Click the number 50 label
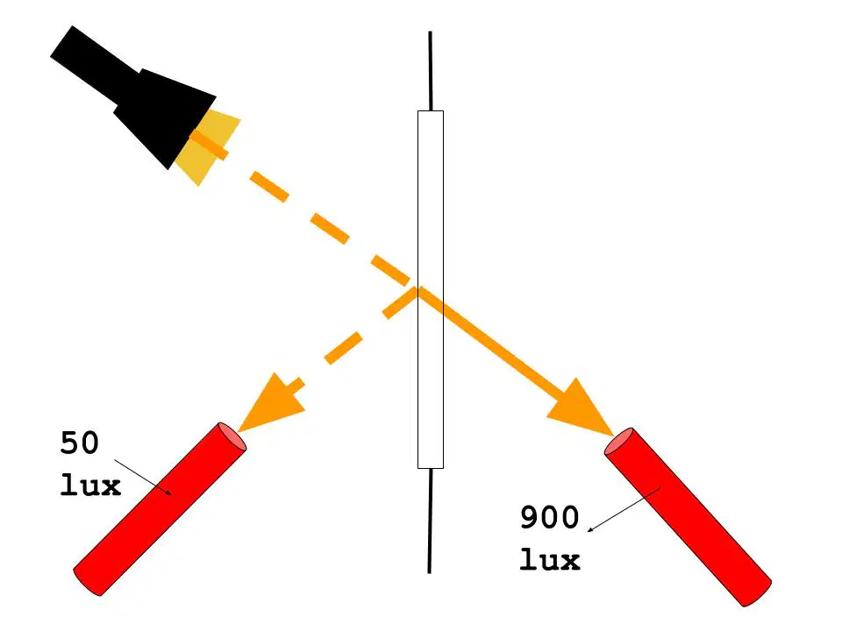[80, 443]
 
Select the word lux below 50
[90, 486]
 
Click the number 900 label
[549, 518]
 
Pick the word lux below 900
[550, 559]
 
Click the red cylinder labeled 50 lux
[160, 508]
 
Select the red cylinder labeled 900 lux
[688, 517]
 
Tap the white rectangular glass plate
[431, 290]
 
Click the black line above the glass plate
[430, 71]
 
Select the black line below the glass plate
[430, 521]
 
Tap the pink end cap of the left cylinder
[232, 436]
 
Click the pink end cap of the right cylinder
[618, 441]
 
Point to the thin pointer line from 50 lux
[143, 477]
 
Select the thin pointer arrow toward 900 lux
[624, 510]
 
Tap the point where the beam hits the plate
[417, 288]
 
